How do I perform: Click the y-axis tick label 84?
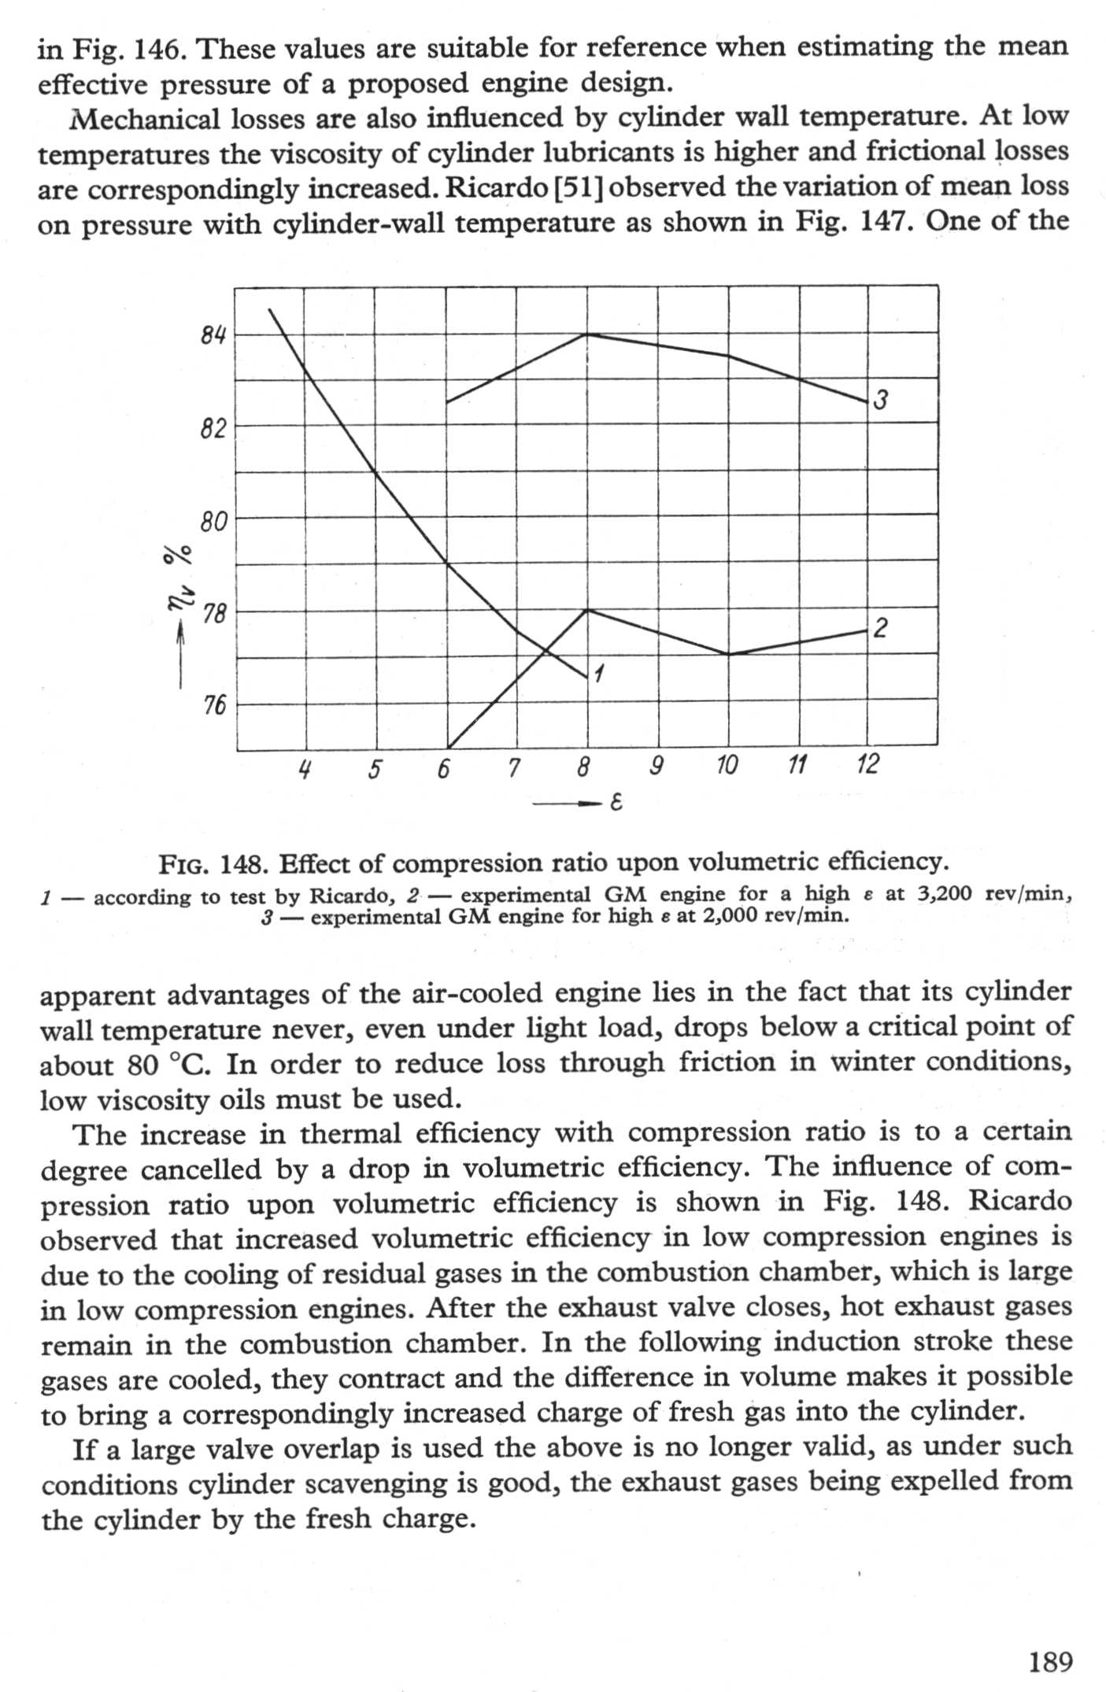point(213,336)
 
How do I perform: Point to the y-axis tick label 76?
point(213,705)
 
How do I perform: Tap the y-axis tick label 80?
point(213,521)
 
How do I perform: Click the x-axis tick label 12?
point(867,764)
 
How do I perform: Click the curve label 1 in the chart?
point(600,674)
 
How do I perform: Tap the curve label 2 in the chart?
point(881,628)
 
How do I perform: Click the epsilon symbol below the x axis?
point(616,804)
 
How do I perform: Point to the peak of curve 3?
point(586,334)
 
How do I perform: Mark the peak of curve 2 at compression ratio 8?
point(587,610)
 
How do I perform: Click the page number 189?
point(1050,1662)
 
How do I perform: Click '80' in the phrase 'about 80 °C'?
point(142,1066)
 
